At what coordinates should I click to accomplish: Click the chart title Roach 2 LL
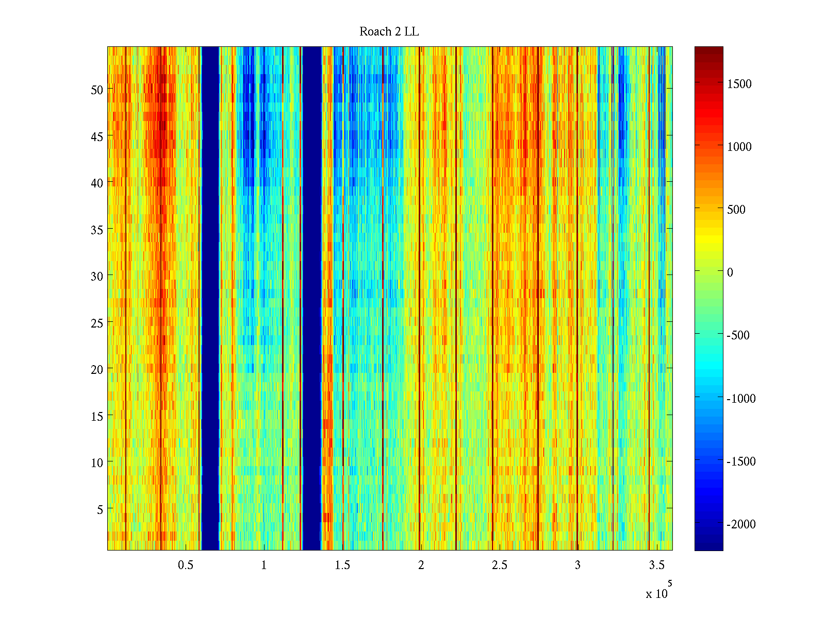(389, 32)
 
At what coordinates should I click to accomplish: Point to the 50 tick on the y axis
(97, 90)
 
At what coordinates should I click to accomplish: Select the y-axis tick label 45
(97, 136)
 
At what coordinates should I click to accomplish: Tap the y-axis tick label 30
(97, 276)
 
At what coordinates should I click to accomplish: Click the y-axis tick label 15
(97, 416)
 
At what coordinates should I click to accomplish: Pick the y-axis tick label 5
(100, 509)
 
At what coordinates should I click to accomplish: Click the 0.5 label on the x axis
(186, 565)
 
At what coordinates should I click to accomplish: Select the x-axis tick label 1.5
(342, 565)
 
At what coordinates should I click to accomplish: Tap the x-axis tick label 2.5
(499, 565)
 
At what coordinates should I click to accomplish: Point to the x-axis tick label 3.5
(656, 565)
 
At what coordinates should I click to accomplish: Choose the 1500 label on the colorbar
(739, 84)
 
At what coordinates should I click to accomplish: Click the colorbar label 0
(730, 272)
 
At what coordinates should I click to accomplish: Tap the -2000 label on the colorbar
(741, 524)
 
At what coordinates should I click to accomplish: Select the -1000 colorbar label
(741, 399)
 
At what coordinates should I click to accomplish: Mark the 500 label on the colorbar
(736, 210)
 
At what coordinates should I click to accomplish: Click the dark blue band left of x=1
(210, 299)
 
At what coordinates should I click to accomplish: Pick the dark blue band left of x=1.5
(311, 299)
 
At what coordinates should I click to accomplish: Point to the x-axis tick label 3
(577, 565)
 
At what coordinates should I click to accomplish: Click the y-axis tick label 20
(97, 369)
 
